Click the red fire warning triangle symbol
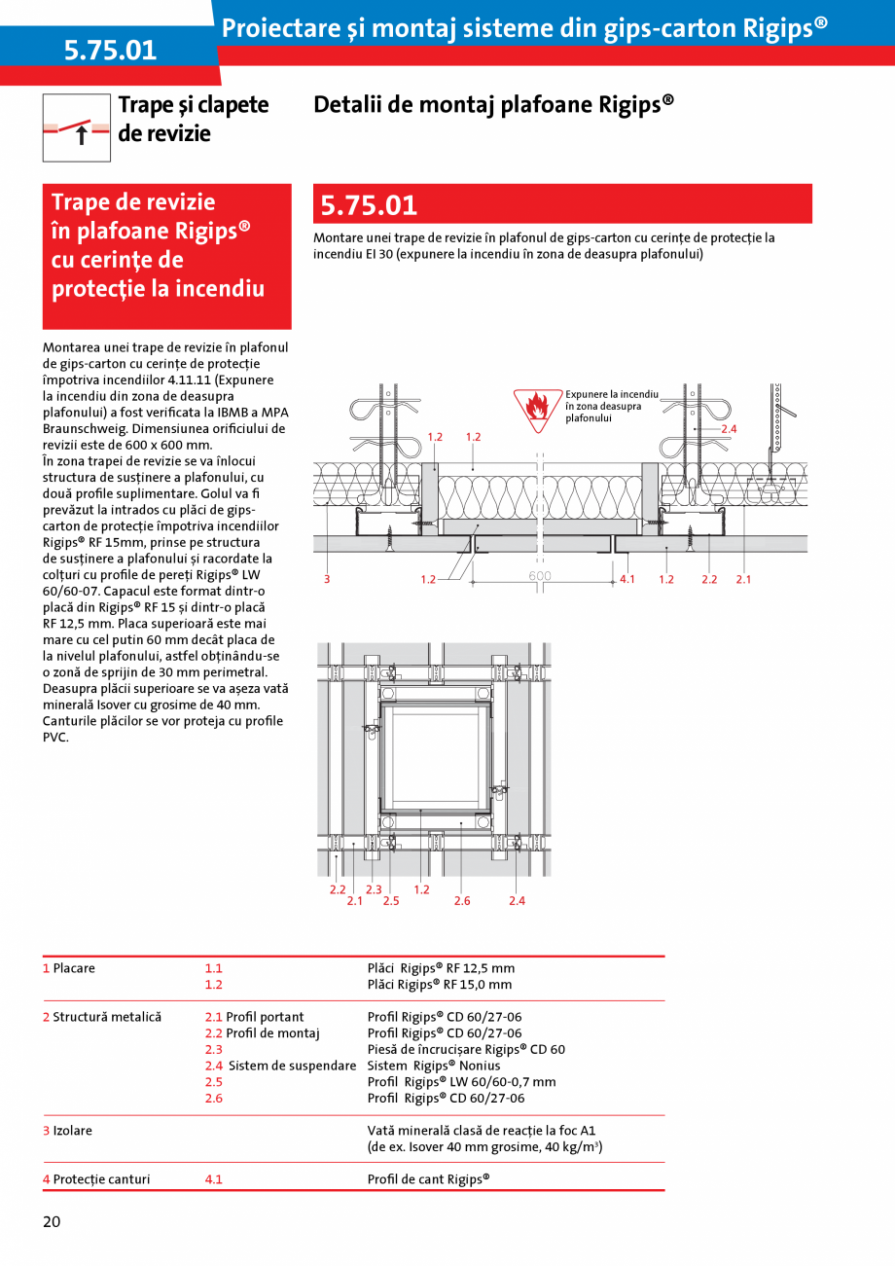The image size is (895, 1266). click(537, 410)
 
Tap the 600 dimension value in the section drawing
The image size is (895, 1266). click(540, 576)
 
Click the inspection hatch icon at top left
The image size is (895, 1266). click(77, 127)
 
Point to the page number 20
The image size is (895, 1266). click(52, 1222)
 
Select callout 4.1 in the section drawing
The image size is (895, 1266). click(627, 580)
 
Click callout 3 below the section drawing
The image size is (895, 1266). click(328, 580)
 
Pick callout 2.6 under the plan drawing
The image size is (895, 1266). click(462, 901)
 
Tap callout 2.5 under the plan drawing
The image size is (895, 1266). click(391, 901)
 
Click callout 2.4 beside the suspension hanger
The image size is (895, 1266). click(729, 429)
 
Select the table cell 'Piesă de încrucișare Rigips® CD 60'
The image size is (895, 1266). click(466, 1049)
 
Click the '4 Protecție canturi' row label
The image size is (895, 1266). click(96, 1179)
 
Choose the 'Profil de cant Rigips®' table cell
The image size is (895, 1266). click(428, 1179)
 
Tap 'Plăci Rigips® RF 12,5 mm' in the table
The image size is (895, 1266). click(441, 968)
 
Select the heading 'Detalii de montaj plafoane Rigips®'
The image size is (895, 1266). click(493, 104)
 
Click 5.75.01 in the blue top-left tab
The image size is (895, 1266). click(110, 51)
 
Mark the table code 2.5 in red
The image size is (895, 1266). click(214, 1082)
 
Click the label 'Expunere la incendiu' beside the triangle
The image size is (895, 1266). click(612, 394)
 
